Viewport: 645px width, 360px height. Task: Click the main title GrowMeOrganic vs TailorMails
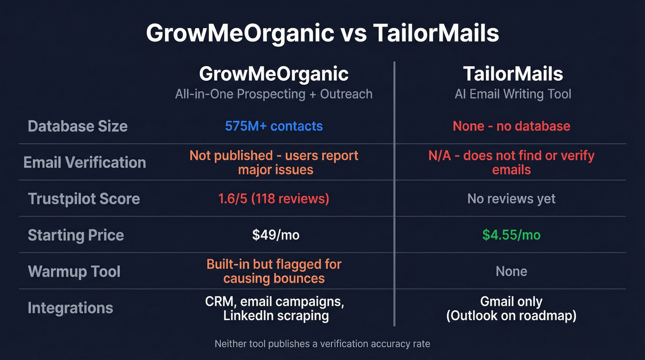click(322, 33)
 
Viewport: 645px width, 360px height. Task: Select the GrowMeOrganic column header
click(274, 74)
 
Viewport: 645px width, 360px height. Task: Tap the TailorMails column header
click(513, 74)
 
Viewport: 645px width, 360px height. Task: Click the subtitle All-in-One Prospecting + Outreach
click(274, 94)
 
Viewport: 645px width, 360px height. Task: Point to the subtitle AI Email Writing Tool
click(513, 94)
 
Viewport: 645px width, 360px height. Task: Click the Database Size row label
click(78, 126)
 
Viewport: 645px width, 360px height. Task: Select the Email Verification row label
click(85, 162)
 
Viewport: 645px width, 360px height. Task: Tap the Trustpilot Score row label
click(84, 199)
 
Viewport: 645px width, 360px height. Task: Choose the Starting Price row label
click(76, 235)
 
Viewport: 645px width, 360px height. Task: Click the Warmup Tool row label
click(74, 271)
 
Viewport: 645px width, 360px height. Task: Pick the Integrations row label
click(70, 307)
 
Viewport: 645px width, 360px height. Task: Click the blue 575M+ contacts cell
click(274, 126)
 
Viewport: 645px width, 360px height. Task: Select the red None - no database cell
click(511, 126)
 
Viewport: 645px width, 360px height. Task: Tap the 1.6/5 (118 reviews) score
click(274, 199)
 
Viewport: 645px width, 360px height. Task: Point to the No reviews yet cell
click(511, 199)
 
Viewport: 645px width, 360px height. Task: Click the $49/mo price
click(276, 235)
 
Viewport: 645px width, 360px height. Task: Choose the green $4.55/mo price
click(511, 235)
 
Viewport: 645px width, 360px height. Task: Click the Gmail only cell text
click(511, 302)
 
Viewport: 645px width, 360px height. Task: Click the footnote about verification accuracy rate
click(322, 343)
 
